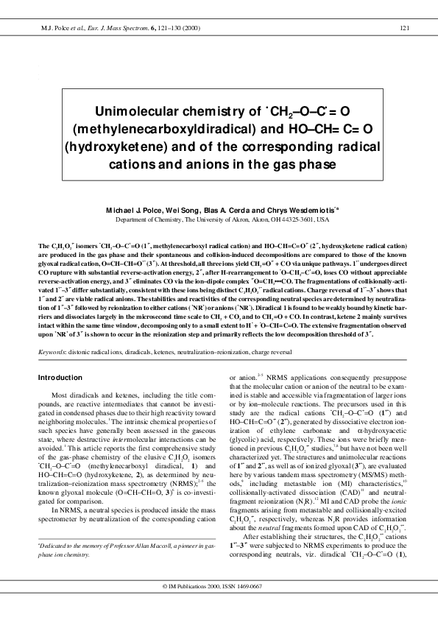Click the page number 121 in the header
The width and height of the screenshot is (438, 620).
(403, 27)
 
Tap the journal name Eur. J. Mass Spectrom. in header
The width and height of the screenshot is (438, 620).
(111, 27)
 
